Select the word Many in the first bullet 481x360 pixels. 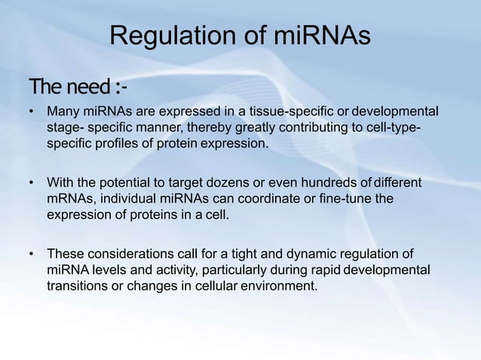(x=63, y=113)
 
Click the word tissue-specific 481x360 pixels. (x=274, y=113)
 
